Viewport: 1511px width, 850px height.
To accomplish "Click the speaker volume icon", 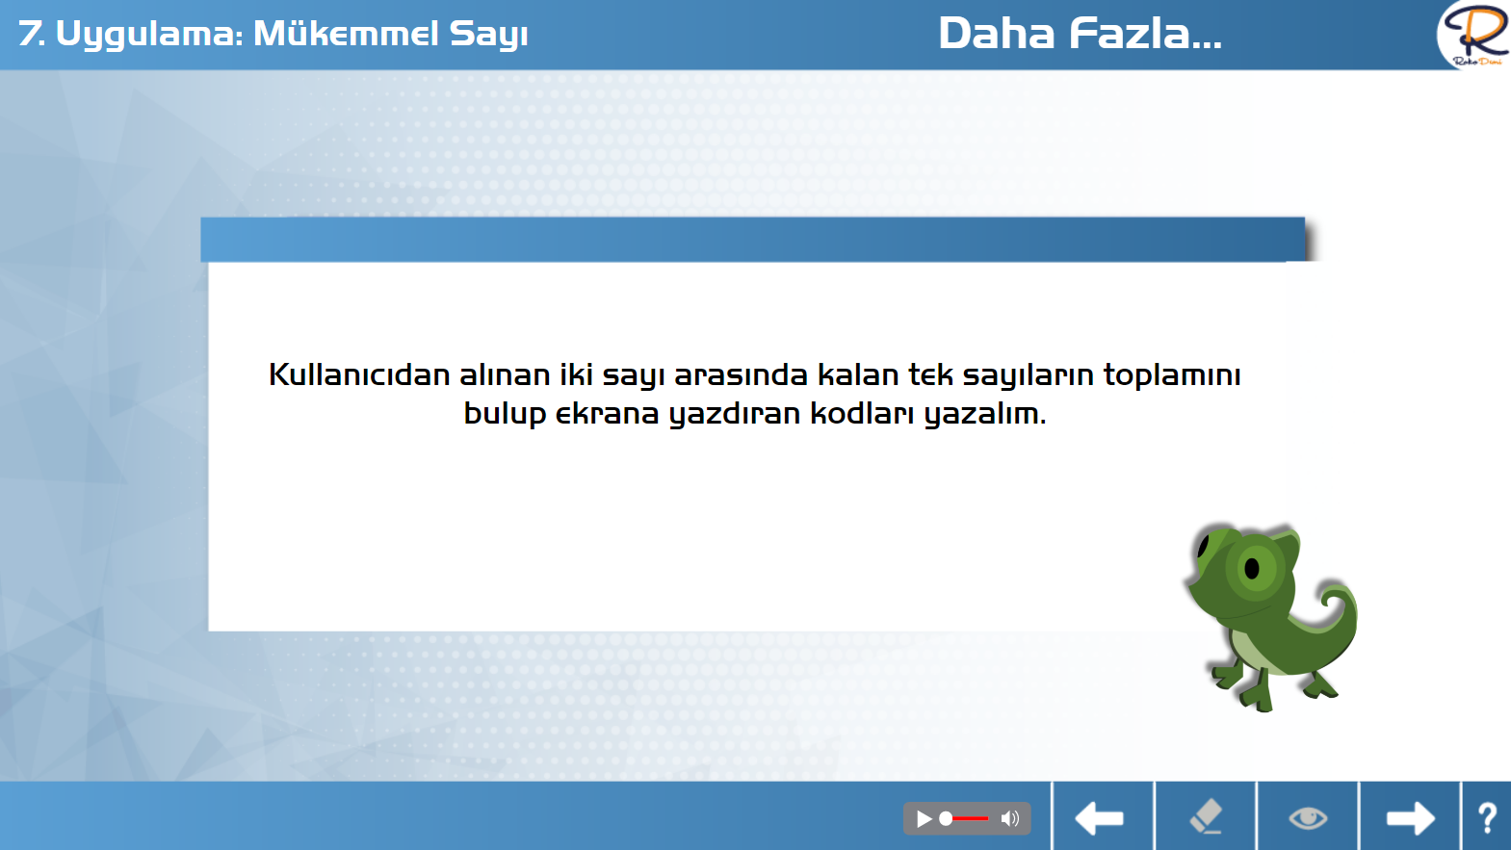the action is (x=1010, y=818).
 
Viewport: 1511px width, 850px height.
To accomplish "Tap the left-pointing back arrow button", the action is (x=1100, y=818).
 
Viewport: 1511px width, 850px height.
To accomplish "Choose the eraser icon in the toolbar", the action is (x=1206, y=816).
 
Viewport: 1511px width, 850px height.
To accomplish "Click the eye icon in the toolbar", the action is (x=1308, y=818).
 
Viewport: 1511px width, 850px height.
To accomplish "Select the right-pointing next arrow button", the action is (x=1411, y=818).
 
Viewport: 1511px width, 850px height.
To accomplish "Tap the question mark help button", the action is (x=1487, y=818).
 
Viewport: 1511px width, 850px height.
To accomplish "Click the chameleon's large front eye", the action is (x=1254, y=568).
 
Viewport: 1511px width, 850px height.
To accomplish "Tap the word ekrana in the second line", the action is (x=607, y=414).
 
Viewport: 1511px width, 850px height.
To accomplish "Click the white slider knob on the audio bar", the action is (x=946, y=818).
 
